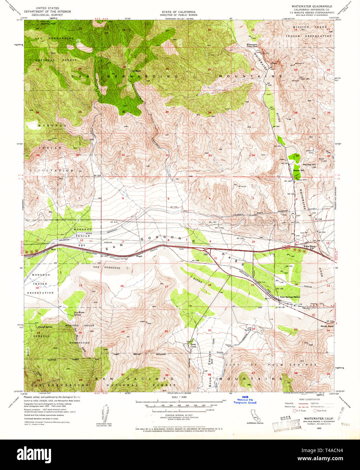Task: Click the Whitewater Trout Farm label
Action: tap(252, 45)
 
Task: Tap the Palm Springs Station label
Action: tap(290, 297)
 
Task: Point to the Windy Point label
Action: tap(327, 326)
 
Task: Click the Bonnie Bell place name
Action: tap(298, 170)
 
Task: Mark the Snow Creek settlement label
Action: tap(193, 345)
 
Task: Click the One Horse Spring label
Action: tap(79, 313)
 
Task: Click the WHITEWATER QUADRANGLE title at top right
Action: tap(312, 6)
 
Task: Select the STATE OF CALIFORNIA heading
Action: tap(174, 12)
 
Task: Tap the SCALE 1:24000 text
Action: tap(179, 397)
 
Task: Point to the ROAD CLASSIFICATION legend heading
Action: tap(310, 399)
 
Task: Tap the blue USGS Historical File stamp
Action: tap(245, 400)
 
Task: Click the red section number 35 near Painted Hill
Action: tap(297, 156)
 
